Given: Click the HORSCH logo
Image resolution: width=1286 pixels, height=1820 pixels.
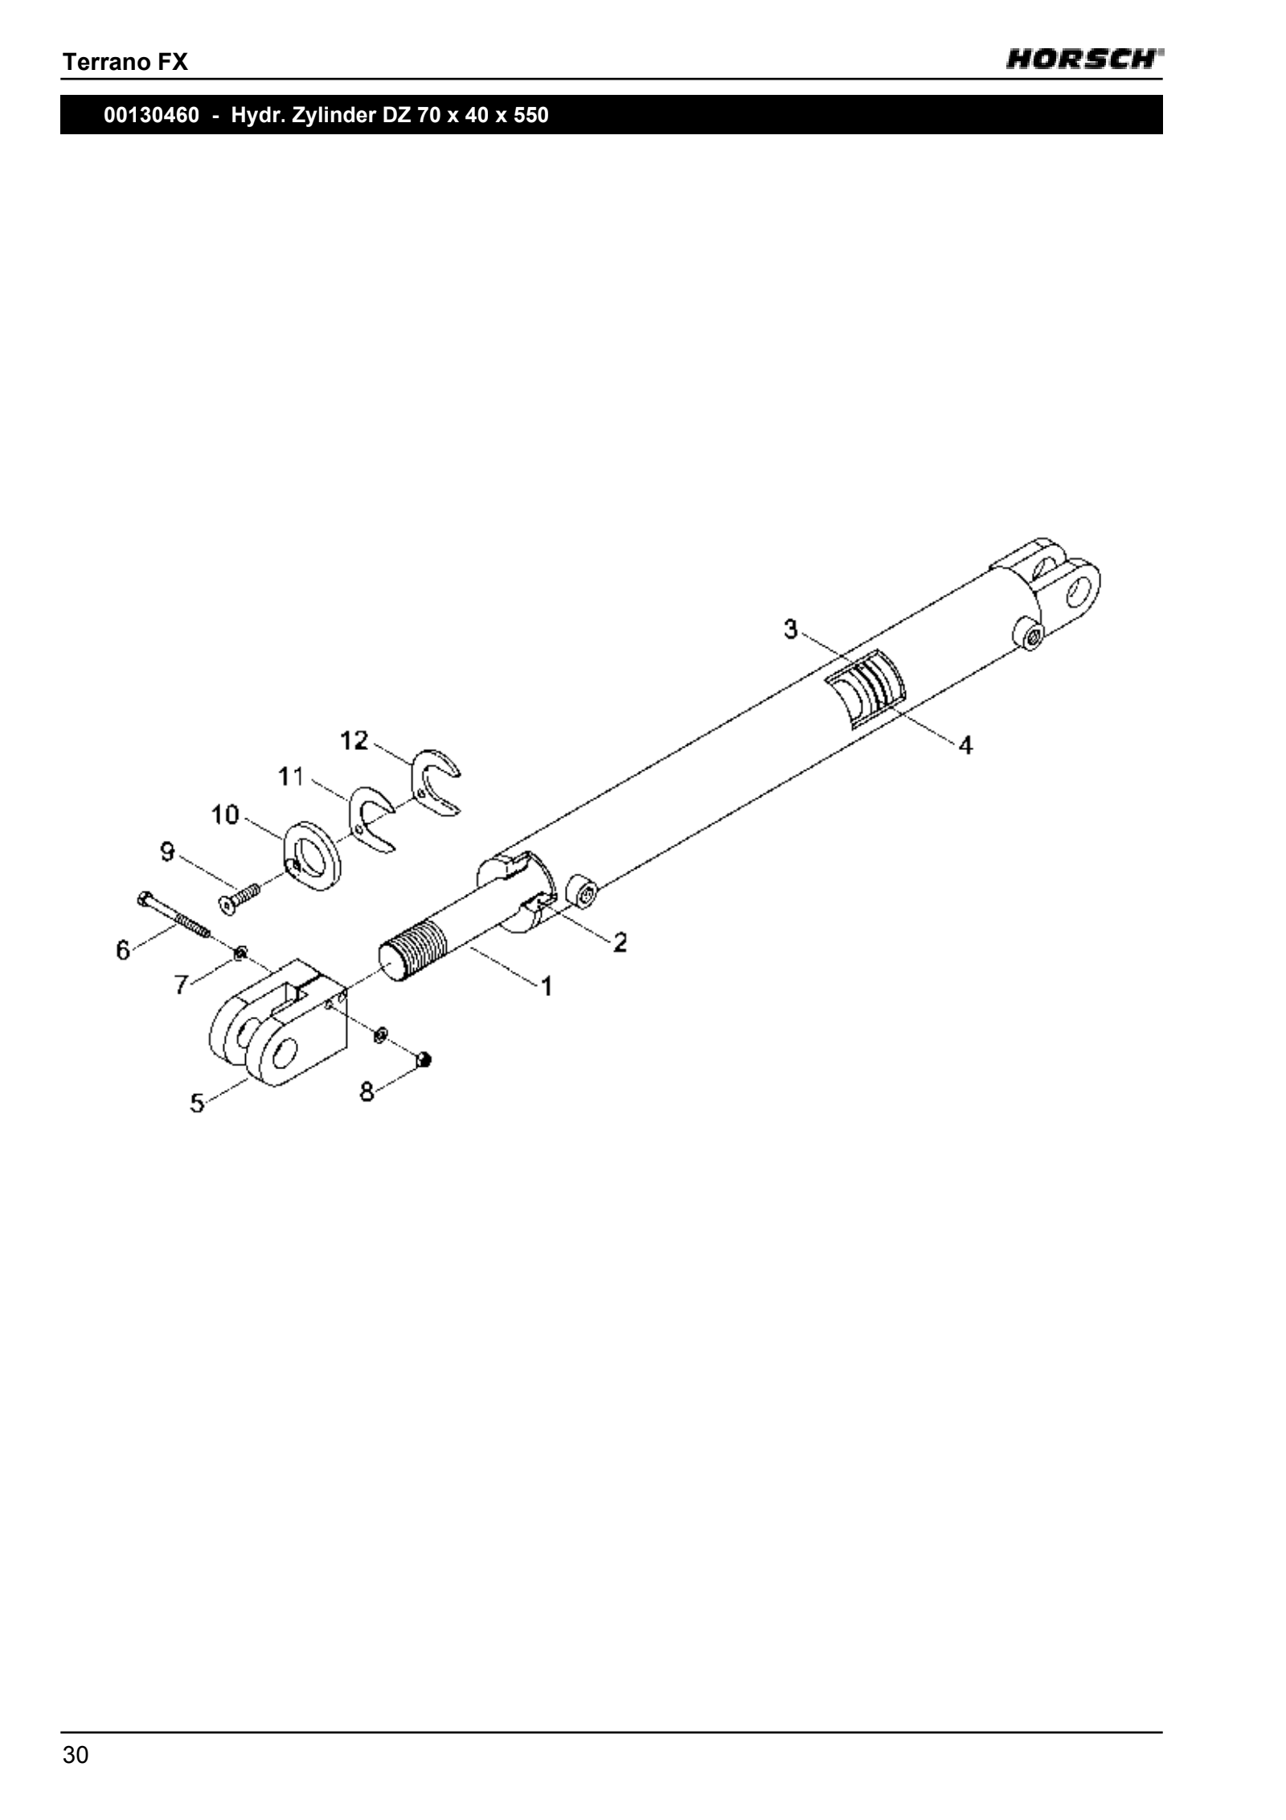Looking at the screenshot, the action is tap(1084, 60).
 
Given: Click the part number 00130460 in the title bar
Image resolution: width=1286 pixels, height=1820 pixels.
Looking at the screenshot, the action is tap(151, 115).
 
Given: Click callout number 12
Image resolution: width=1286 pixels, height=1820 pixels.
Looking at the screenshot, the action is tap(354, 740).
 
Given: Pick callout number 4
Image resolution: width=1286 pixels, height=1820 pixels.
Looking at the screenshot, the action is tap(965, 745).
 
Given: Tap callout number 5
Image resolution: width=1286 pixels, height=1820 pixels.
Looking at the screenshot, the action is tap(197, 1103).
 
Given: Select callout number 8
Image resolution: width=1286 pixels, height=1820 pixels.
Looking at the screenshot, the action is tap(367, 1092).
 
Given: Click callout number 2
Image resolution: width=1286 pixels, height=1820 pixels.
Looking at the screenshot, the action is tap(620, 941).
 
